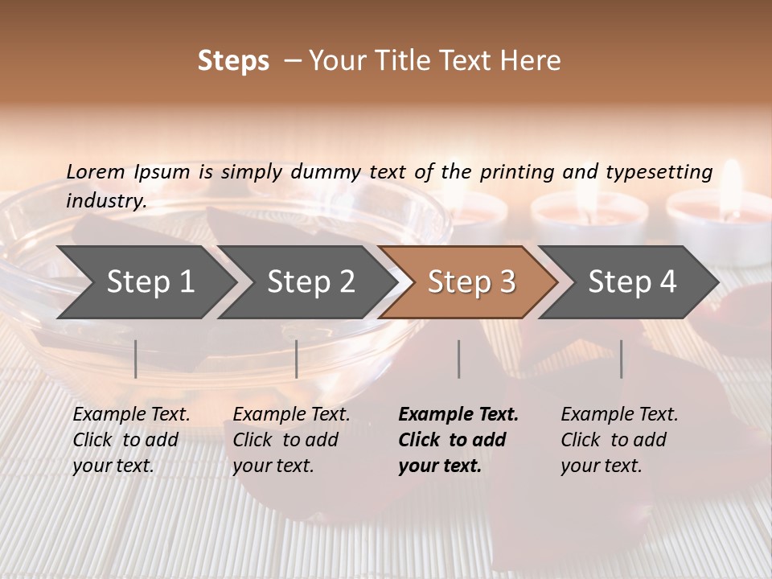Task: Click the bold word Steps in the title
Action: click(233, 61)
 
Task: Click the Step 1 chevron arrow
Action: click(150, 281)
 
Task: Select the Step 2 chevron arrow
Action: click(311, 281)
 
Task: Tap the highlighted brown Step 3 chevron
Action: click(471, 281)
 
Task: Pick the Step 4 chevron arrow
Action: click(632, 281)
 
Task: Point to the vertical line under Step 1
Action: click(136, 359)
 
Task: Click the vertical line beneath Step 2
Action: click(297, 359)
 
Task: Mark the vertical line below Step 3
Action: click(459, 359)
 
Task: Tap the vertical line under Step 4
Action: click(622, 359)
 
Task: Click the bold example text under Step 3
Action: click(458, 440)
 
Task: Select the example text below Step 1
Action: click(131, 440)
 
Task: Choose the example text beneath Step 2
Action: click(291, 440)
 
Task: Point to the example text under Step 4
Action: click(619, 440)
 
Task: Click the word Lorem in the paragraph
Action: click(96, 171)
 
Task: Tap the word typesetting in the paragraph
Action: click(659, 172)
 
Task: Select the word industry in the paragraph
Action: click(105, 200)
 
